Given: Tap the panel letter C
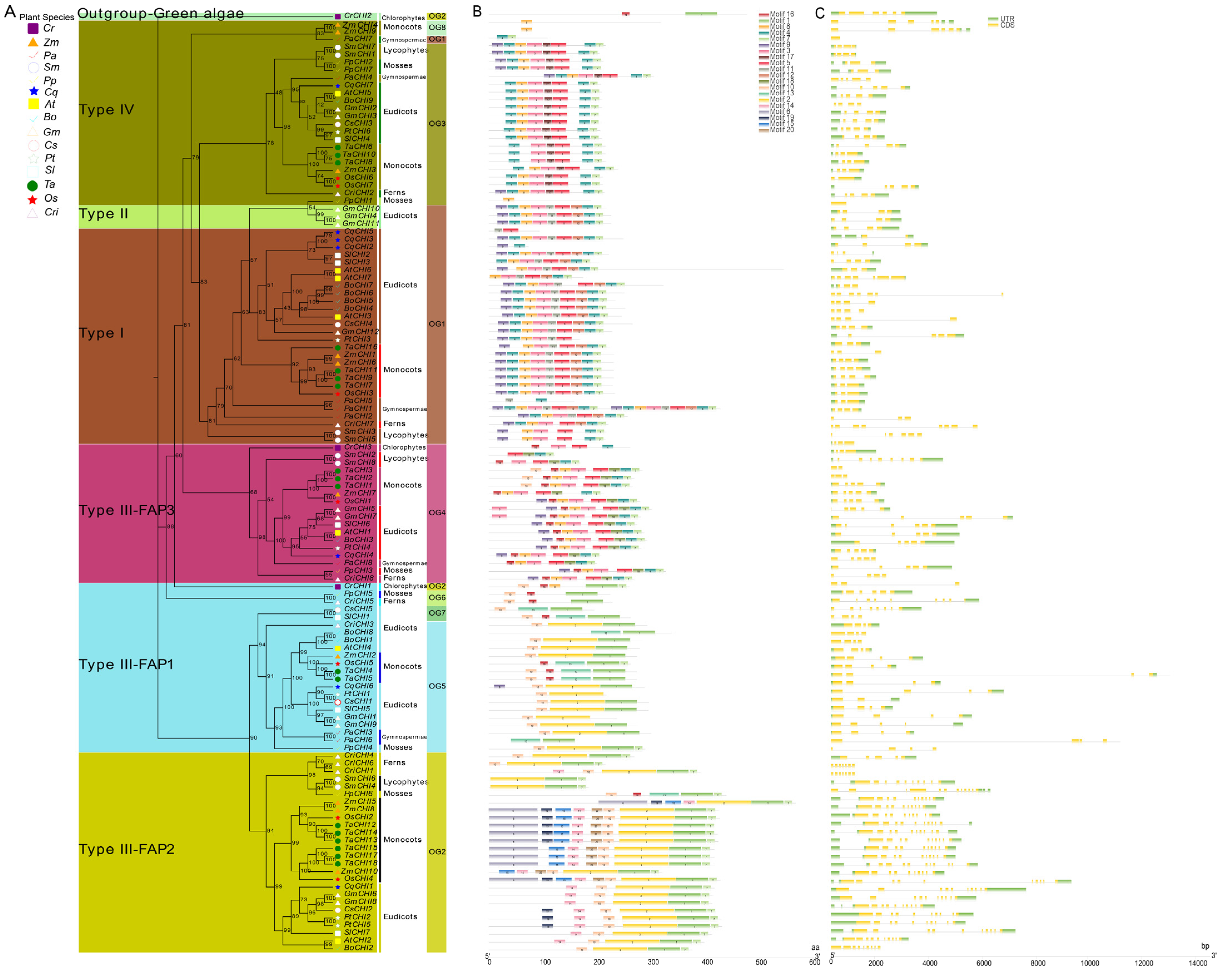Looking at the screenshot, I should (x=819, y=13).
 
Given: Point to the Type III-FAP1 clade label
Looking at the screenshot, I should (x=126, y=664).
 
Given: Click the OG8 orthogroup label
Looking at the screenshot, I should (x=437, y=27).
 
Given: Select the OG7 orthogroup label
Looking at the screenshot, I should (x=437, y=613).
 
